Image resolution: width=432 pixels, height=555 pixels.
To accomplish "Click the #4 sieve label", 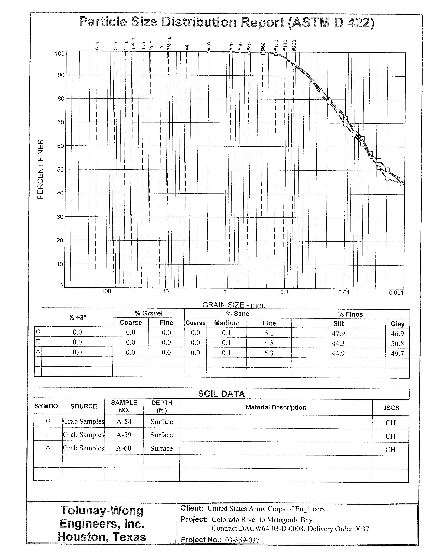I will pyautogui.click(x=187, y=48).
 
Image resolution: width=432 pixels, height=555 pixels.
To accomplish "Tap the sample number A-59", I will pyautogui.click(x=124, y=435).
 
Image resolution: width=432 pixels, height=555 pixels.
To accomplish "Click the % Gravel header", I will pyautogui.click(x=149, y=313).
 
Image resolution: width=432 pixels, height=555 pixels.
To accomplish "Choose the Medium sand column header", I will pyautogui.click(x=226, y=323).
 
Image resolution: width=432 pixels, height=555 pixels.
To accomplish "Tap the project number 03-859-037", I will pyautogui.click(x=242, y=547).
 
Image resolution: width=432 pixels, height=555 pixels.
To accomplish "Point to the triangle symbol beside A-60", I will pyautogui.click(x=48, y=448).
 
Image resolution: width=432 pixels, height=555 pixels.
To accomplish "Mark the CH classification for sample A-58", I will pyautogui.click(x=390, y=423).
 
